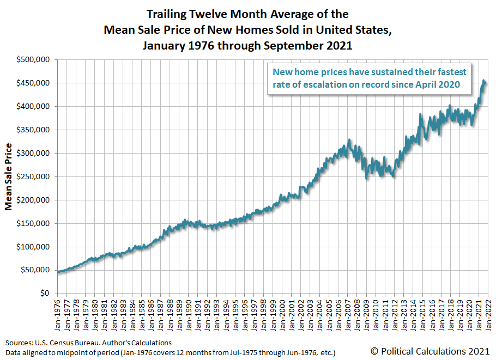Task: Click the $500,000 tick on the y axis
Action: (34, 60)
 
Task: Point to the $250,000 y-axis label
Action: (34, 177)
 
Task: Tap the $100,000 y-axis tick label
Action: (34, 247)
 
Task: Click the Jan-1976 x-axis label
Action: (58, 315)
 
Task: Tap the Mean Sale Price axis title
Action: (9, 176)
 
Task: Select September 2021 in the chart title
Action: (311, 46)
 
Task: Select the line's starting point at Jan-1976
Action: (58, 272)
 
